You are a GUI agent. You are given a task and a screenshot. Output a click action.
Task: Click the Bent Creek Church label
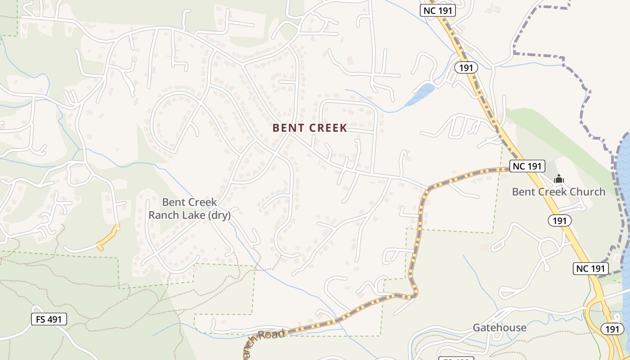tap(558, 192)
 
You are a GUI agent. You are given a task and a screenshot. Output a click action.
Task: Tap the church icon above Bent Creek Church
tap(558, 179)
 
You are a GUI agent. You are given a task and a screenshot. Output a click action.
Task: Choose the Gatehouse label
tap(499, 328)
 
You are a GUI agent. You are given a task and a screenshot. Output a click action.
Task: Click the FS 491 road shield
tap(49, 319)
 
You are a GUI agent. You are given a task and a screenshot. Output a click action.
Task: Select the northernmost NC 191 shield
tap(438, 10)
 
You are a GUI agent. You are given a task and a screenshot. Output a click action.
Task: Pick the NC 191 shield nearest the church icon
tap(527, 166)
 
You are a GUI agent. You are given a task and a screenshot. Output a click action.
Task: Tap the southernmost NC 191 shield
tap(590, 269)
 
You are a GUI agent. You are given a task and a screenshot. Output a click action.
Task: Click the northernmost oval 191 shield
tap(466, 67)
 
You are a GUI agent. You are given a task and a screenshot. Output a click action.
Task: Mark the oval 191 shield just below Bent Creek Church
tap(559, 220)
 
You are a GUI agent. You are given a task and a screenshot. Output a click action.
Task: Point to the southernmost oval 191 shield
tap(612, 329)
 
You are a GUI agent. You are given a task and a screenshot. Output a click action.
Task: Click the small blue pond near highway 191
tap(420, 95)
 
